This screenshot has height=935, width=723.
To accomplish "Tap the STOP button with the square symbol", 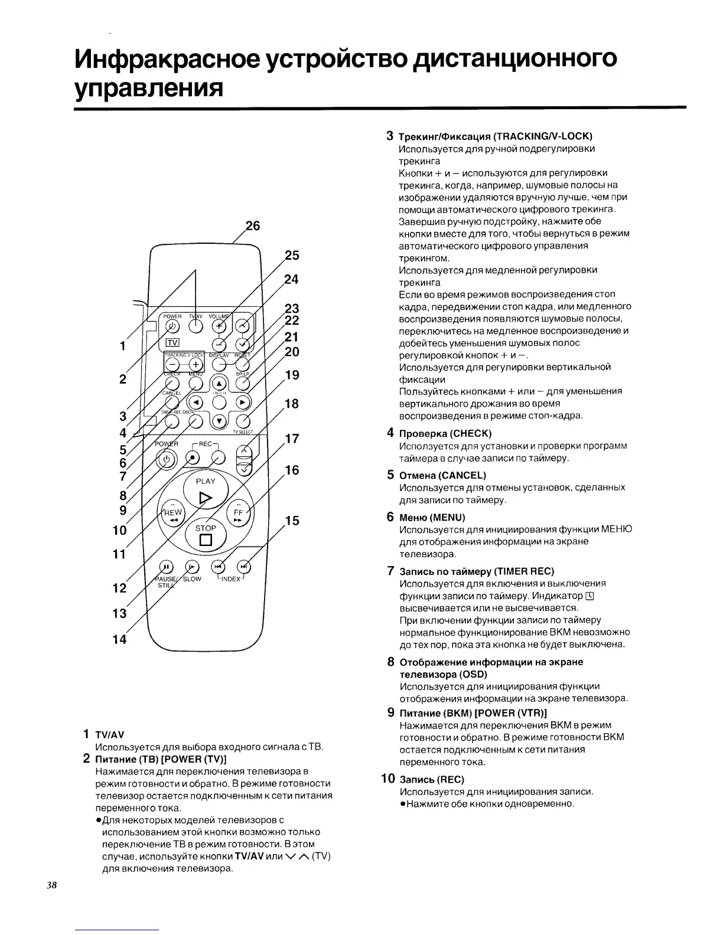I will coord(206,534).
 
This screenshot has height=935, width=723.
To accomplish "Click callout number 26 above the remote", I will coord(252,226).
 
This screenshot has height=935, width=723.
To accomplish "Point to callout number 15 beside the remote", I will coord(292,521).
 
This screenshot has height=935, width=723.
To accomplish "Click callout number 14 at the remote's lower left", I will coord(119,639).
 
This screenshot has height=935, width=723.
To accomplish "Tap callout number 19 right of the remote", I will coord(292,375).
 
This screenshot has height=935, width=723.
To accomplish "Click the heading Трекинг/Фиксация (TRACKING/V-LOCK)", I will coord(496,136).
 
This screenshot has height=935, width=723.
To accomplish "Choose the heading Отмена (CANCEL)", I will coord(442,475).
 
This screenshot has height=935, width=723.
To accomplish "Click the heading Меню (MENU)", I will coord(432,517).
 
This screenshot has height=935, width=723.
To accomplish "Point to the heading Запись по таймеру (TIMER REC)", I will coord(477,571).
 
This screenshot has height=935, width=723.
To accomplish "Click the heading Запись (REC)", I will coord(432,779).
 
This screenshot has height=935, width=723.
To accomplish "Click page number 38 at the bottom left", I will coord(51,885).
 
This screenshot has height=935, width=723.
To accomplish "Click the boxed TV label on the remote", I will coord(172,342).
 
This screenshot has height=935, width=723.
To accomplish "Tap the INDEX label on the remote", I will coord(231,579).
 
